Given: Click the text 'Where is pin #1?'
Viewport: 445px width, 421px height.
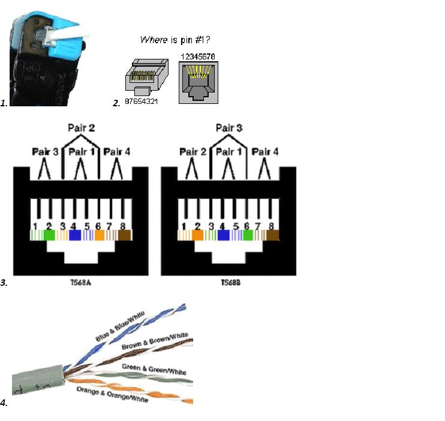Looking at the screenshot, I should (175, 40).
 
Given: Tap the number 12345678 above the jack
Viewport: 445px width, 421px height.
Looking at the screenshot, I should (197, 56).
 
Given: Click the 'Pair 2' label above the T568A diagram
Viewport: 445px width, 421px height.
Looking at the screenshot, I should (80, 128).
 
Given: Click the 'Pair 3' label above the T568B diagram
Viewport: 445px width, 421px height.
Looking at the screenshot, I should (228, 128).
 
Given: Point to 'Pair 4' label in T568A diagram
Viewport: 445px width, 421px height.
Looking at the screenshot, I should (117, 152).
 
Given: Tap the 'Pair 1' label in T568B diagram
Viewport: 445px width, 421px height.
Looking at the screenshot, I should (228, 152).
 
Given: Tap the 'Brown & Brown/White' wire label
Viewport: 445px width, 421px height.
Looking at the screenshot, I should (155, 341).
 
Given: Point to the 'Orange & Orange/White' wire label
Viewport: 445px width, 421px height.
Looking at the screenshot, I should (112, 395).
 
